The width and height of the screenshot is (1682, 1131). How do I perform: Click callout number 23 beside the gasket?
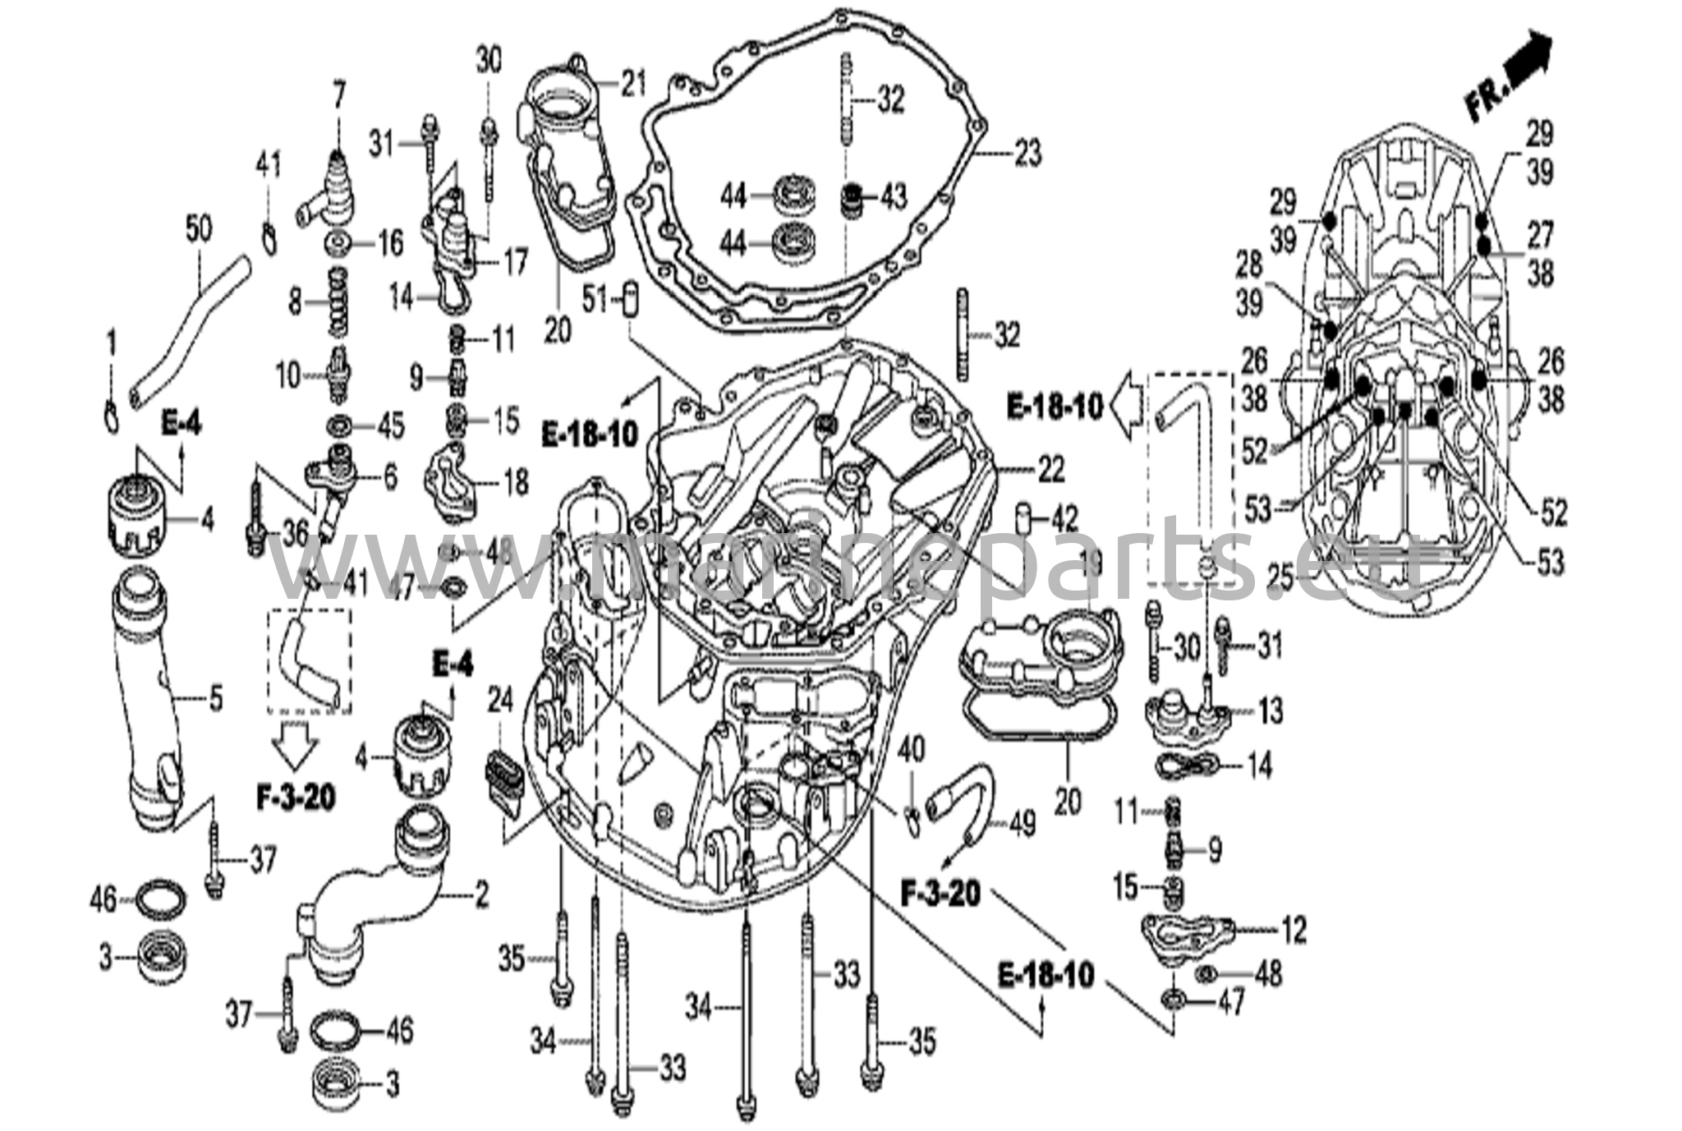click(1027, 153)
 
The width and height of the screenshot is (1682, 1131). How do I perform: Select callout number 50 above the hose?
click(198, 229)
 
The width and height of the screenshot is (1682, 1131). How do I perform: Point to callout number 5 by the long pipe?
click(215, 699)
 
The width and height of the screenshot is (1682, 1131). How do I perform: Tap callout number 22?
click(1050, 470)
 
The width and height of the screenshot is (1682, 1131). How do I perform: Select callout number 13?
click(1270, 710)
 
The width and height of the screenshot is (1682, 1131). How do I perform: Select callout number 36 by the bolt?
click(292, 535)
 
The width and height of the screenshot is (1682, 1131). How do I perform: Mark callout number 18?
click(516, 482)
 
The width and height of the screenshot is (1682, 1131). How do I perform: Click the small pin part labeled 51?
click(631, 301)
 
